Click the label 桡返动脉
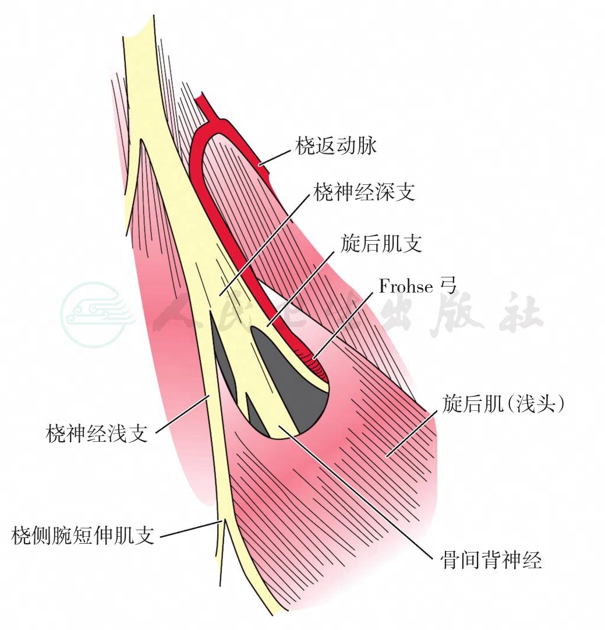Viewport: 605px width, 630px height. (336, 146)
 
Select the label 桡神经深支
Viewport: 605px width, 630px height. (364, 192)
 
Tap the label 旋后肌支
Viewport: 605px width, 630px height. (381, 244)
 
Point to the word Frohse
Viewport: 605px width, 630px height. (406, 287)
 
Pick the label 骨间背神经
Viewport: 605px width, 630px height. (491, 559)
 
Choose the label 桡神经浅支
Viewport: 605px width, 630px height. (97, 434)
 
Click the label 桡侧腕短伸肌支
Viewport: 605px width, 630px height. (83, 535)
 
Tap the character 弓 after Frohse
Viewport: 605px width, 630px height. (448, 286)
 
